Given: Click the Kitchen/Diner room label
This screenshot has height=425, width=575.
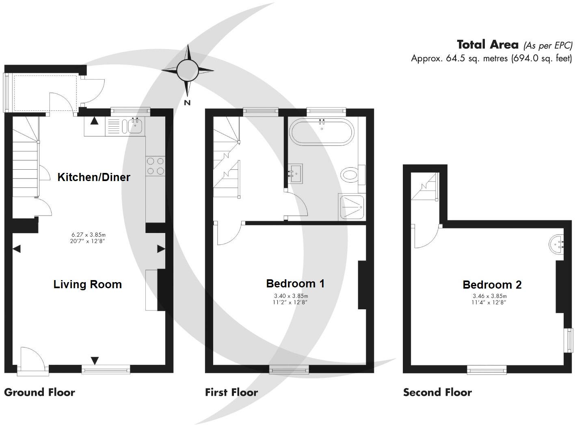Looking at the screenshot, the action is tap(94, 177).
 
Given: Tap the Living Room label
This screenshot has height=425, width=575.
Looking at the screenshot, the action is tap(88, 284).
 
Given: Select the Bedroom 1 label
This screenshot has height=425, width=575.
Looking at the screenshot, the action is tap(295, 283).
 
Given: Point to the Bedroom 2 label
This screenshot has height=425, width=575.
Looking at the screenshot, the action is tap(492, 285).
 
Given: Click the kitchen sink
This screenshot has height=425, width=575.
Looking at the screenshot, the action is tap(135, 126).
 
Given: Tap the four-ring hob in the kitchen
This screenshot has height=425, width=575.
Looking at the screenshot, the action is tap(155, 166).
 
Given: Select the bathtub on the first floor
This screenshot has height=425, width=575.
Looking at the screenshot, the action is tap(322, 132).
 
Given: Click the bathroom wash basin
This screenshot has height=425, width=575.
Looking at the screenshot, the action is tap(295, 174).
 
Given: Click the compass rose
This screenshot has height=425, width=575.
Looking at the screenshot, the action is tap(187, 70).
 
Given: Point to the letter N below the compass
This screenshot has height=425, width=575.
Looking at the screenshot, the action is tap(187, 103).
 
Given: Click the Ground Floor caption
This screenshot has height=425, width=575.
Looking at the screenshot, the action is tap(39, 393).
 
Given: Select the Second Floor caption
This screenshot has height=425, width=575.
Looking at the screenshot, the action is tap(437, 393).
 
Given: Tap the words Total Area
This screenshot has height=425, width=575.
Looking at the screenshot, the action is tap(488, 44).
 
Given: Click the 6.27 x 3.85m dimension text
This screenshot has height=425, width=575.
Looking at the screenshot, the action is tap(89, 235).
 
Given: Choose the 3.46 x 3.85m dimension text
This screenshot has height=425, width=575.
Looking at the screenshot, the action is tap(489, 296).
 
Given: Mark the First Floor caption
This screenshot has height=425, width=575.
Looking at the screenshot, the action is tap(231, 393).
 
